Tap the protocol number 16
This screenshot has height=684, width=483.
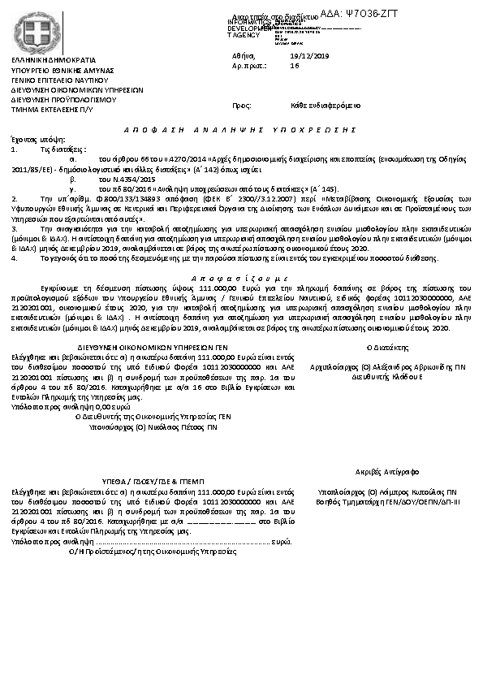tap(295, 65)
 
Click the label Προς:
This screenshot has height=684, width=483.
tap(241, 106)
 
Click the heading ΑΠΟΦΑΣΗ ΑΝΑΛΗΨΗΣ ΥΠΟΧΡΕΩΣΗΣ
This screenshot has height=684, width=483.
tap(241, 130)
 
